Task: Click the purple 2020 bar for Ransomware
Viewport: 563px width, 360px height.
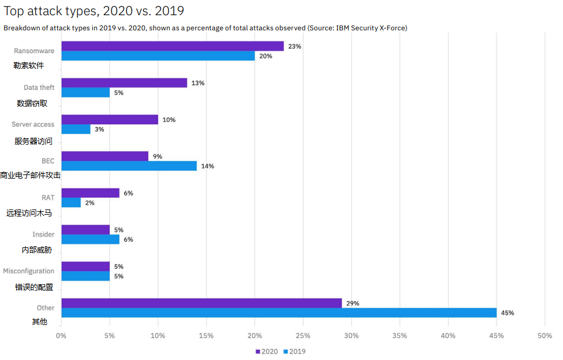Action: coord(172,46)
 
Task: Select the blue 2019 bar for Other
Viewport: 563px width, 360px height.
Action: coord(279,313)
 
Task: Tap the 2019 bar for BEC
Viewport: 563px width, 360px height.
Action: coord(129,166)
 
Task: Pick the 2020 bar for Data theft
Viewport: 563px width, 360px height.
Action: coord(124,83)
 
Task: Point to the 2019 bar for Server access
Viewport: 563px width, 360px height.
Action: coord(76,129)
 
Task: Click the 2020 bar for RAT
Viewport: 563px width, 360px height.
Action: coord(90,193)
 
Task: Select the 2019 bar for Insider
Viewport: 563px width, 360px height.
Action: coord(90,239)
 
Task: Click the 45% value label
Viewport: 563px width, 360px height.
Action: coord(507,313)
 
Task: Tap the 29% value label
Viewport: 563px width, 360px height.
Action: coord(352,303)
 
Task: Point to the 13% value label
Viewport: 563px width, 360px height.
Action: coord(198,83)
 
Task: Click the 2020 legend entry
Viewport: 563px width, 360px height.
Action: coord(267,351)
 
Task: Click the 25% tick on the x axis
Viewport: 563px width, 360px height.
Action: coord(303,335)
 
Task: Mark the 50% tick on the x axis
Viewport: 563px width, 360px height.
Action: coord(544,335)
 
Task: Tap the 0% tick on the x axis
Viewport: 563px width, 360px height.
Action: coord(61,335)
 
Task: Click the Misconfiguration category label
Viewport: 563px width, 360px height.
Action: coord(29,271)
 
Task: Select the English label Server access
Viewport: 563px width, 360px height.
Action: coord(33,124)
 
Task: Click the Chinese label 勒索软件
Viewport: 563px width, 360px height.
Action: coord(29,65)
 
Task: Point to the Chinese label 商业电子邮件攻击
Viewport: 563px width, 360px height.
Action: coord(30,175)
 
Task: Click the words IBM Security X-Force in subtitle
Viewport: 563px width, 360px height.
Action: coord(371,27)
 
